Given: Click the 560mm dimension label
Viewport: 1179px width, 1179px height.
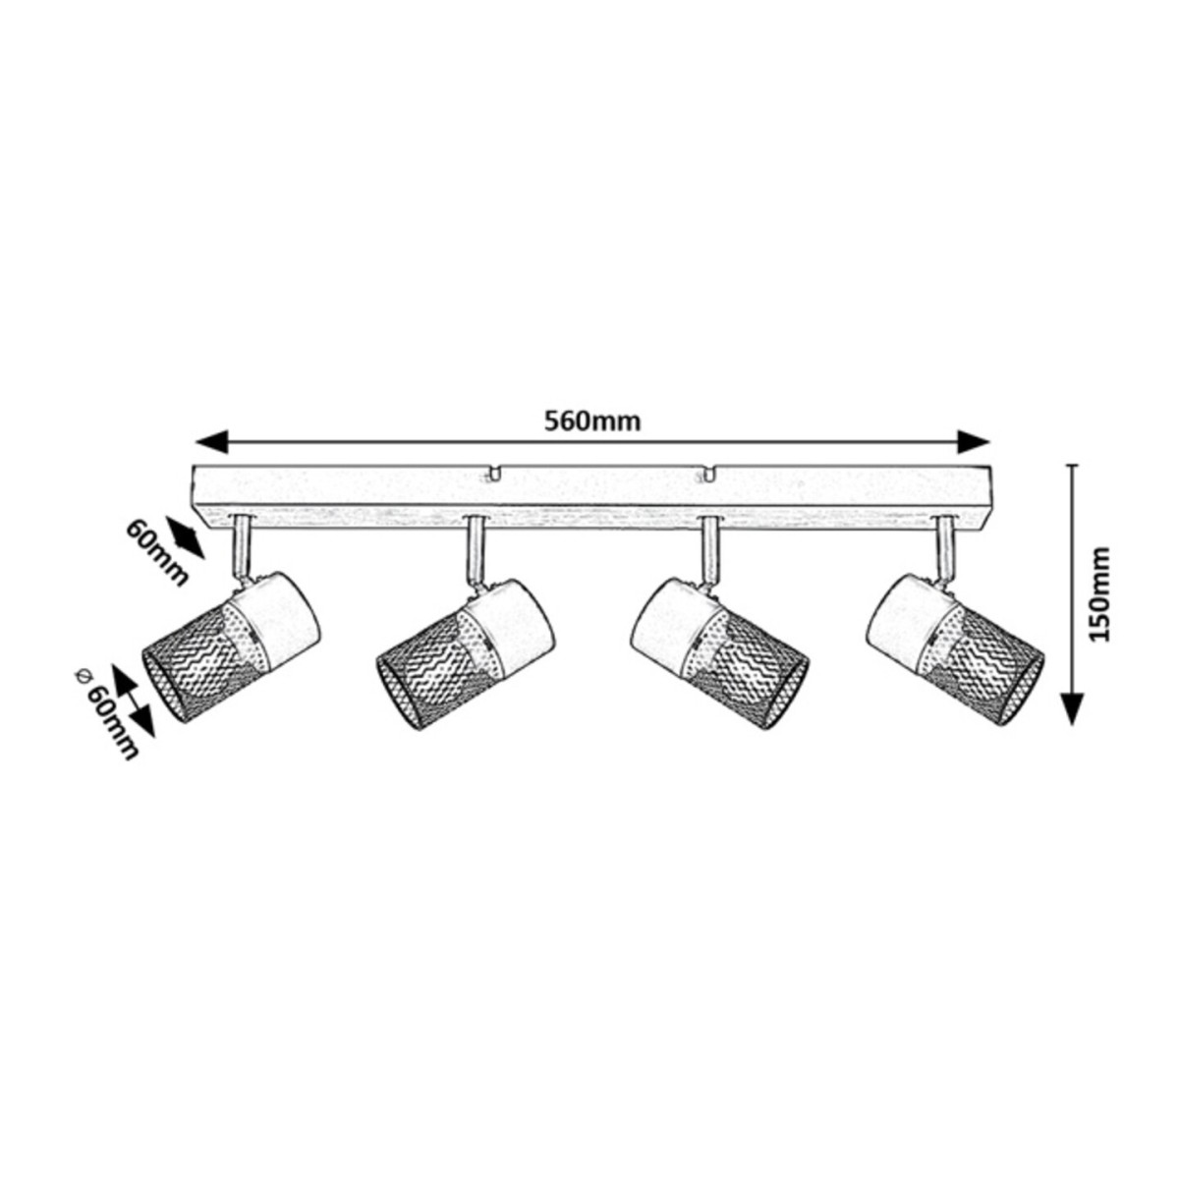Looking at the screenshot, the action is (x=592, y=421).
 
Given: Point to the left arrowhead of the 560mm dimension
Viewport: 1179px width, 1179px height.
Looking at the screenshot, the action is (x=211, y=441).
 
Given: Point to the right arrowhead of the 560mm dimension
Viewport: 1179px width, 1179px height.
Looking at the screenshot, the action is (x=974, y=441).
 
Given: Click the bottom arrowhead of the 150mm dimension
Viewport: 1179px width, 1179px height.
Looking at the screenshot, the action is (x=1071, y=709).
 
